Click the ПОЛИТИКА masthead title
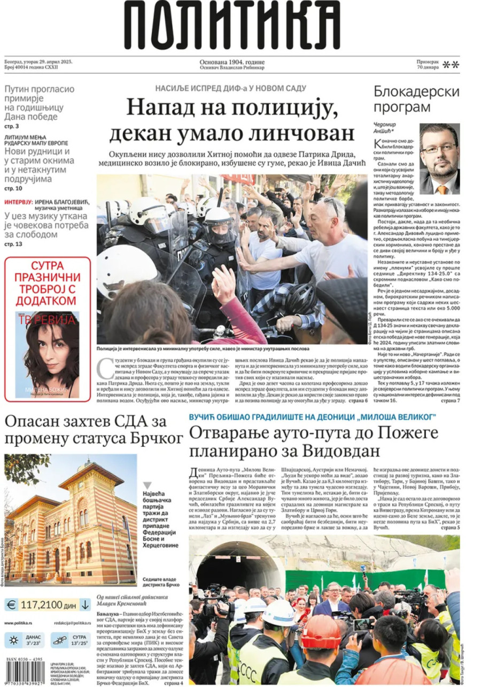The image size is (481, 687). point(233,26)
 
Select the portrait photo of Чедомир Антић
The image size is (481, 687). point(439,159)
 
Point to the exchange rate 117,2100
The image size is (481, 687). point(42,605)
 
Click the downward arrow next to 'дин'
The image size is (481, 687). point(84,605)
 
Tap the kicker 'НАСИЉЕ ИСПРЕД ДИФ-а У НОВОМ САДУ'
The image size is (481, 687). point(230,88)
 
